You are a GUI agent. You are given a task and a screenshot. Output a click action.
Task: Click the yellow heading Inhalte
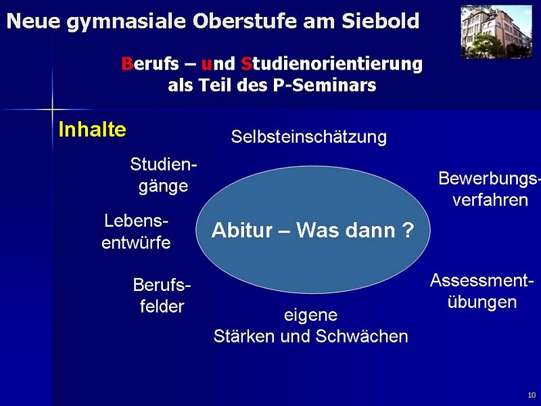(x=93, y=129)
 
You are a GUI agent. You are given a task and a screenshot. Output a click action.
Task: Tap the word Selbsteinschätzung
(x=309, y=137)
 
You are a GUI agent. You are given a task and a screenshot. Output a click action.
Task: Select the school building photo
(x=496, y=32)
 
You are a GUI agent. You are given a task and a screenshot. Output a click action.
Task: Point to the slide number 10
(x=532, y=395)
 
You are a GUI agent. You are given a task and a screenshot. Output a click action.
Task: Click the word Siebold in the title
(x=381, y=21)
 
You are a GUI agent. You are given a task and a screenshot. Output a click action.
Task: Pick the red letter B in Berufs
(x=127, y=64)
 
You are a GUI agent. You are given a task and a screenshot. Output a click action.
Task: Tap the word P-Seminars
(x=325, y=85)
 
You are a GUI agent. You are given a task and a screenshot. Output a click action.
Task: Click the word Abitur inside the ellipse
(x=242, y=230)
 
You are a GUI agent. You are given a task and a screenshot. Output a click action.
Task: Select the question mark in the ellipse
(x=408, y=230)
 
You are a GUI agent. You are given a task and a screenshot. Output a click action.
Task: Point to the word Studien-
(x=164, y=164)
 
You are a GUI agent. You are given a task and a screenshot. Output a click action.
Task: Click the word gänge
(x=164, y=187)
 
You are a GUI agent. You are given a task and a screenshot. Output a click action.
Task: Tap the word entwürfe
(x=136, y=243)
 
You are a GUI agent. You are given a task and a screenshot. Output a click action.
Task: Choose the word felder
(x=162, y=307)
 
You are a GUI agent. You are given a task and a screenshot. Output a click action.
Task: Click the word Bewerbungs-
(x=488, y=179)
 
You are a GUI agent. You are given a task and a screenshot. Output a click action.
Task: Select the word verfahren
(x=490, y=200)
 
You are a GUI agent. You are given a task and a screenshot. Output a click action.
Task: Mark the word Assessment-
(x=479, y=280)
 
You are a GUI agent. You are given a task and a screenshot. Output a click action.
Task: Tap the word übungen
(x=482, y=302)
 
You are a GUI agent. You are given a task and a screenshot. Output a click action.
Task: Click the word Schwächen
(x=362, y=336)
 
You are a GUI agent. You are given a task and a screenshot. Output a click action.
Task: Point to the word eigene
(x=310, y=315)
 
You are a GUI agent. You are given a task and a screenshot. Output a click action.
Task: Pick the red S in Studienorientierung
(x=246, y=64)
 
